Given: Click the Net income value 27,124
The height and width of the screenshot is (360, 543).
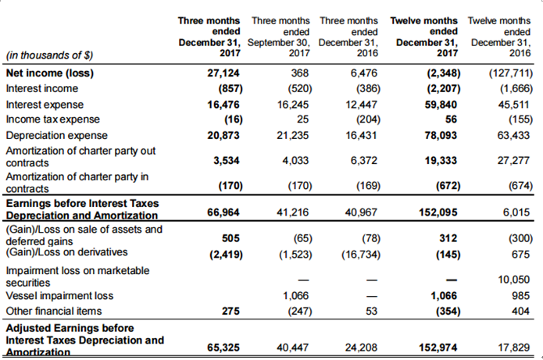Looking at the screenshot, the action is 223,73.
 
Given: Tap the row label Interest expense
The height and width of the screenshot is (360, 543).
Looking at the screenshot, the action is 45,105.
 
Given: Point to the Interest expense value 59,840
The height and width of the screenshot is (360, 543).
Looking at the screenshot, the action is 441,105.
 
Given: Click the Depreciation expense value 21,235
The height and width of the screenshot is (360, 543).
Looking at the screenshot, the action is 292,135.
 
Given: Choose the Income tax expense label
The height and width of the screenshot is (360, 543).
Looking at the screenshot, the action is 52,119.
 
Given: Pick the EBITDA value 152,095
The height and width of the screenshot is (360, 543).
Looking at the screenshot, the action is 438,212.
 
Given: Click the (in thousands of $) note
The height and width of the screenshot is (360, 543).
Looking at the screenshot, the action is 49,55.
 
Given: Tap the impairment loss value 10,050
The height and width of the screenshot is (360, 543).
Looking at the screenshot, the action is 513,280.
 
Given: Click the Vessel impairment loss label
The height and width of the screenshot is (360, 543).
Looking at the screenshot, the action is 59,296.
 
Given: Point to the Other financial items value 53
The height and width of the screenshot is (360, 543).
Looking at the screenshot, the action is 371,311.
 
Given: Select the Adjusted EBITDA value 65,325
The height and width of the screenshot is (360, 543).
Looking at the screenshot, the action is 223,348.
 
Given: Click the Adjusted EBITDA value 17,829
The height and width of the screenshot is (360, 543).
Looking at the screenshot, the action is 513,348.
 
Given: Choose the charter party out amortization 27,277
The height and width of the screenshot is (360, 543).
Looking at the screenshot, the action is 513,160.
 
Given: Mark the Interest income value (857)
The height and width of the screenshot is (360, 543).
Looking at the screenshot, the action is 230,88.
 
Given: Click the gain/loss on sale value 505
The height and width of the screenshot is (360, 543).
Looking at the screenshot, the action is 230,238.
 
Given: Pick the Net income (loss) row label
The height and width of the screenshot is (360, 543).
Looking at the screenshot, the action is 50,73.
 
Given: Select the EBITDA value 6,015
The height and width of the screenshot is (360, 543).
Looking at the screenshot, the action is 516,212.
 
